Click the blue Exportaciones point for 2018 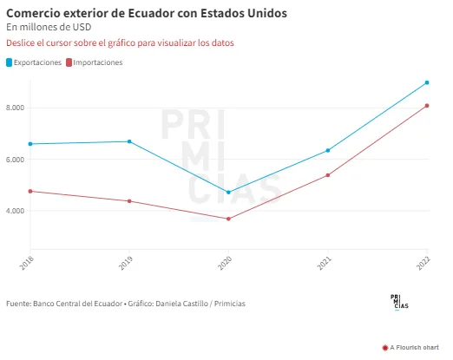30,144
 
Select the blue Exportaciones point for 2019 129,141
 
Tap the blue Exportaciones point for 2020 228,193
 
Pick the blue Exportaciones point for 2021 328,150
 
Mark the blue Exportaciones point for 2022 427,82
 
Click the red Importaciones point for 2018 30,191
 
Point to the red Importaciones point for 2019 129,201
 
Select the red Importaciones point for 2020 228,219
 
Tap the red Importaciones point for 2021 328,175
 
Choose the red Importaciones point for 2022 427,106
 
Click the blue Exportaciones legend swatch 10,62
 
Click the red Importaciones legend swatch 69,62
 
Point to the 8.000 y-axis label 15,108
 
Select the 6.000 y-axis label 15,160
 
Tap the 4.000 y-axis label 15,211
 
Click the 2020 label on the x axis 225,264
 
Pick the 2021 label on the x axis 325,264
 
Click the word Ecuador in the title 148,13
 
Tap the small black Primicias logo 399,302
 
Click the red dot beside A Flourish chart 385,348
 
